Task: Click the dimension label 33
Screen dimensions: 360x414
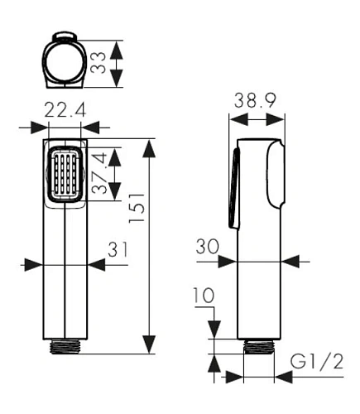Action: pos(98,63)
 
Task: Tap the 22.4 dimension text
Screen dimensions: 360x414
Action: pos(65,109)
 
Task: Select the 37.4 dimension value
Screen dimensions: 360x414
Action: pos(99,173)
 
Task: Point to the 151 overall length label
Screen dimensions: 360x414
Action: pos(137,208)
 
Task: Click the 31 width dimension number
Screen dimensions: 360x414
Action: pos(118,249)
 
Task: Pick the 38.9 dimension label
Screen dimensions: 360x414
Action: pos(255,100)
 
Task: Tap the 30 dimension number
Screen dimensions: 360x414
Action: pos(208,247)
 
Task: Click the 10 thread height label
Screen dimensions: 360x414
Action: pos(204,296)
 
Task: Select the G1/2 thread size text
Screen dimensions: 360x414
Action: pos(317,362)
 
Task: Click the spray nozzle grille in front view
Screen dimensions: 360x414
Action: pos(65,174)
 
